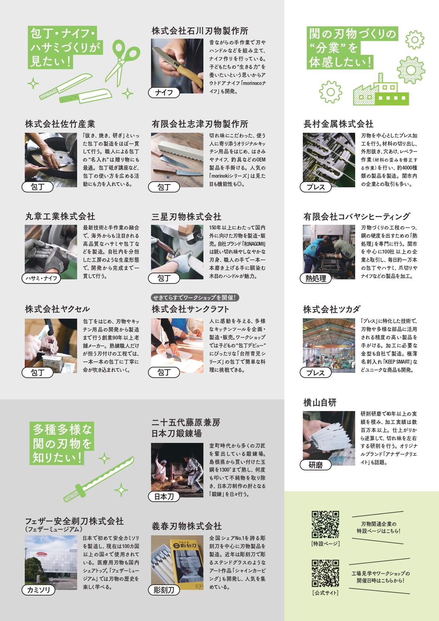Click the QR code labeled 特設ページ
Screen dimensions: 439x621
click(x=325, y=524)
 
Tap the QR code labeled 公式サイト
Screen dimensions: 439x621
click(x=325, y=573)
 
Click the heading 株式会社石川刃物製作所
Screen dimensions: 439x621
click(x=200, y=31)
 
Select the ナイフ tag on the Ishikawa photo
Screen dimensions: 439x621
click(x=164, y=92)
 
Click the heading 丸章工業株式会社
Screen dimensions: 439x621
click(x=60, y=216)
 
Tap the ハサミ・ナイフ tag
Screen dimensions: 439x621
click(x=41, y=278)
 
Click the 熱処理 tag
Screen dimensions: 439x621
click(x=316, y=278)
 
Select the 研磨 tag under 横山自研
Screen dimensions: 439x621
click(x=316, y=465)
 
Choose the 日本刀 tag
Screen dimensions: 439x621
click(x=164, y=496)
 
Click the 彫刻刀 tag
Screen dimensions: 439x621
click(x=164, y=590)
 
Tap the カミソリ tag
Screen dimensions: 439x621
click(x=38, y=590)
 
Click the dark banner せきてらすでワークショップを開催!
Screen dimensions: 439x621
click(x=195, y=297)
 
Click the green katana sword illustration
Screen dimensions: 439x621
click(x=99, y=479)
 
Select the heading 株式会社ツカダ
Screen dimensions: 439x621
click(x=332, y=309)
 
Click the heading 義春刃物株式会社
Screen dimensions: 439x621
click(x=186, y=526)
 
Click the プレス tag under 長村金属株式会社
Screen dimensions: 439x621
click(x=316, y=187)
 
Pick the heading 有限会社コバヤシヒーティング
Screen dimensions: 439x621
click(x=357, y=216)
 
